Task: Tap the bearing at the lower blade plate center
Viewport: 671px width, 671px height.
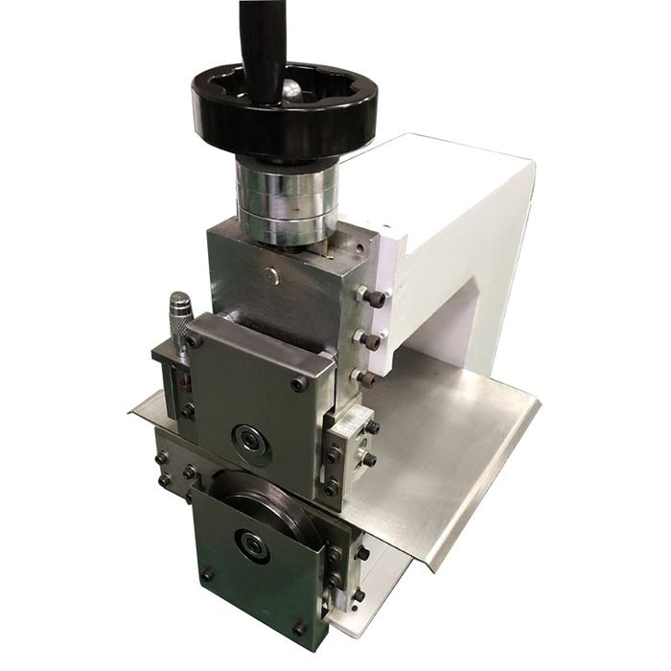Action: (252, 545)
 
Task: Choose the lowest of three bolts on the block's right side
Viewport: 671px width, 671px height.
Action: (366, 380)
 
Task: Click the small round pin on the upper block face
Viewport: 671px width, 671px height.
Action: (273, 277)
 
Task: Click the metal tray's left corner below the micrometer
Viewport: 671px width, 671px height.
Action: (139, 407)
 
